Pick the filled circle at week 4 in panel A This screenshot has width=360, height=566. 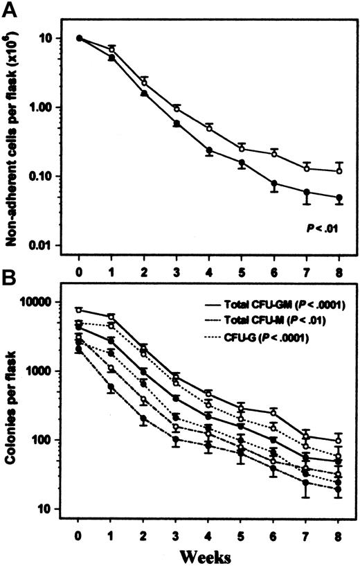coord(209,150)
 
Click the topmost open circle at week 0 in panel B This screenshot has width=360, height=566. coord(80,310)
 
